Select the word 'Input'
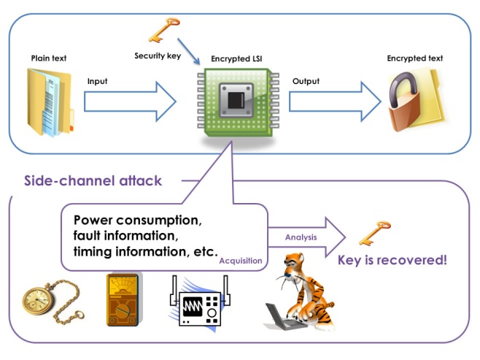[97, 81]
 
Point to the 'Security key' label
[155, 55]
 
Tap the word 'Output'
[305, 81]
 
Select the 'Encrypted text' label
[414, 58]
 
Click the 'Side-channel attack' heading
[92, 180]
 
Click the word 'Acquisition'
[241, 259]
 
